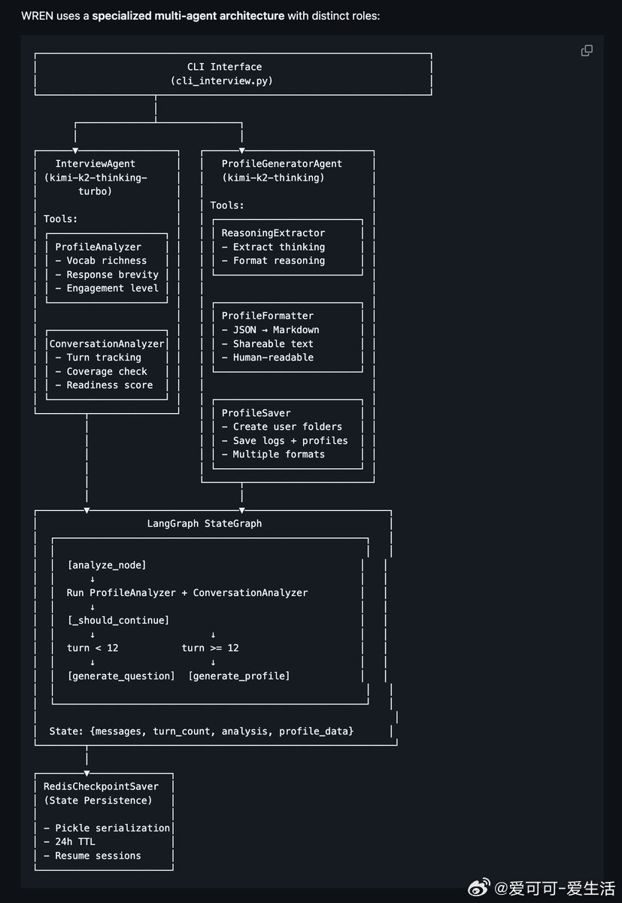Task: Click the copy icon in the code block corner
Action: pos(587,50)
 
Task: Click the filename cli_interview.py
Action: pos(222,81)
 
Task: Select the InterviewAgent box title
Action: pos(96,163)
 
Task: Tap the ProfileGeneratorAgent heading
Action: pos(281,163)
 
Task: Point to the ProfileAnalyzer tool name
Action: pos(99,247)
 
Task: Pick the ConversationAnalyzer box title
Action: pos(107,344)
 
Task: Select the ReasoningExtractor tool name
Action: pos(273,233)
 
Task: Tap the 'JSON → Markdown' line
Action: pos(270,330)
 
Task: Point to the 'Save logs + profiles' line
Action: pos(284,440)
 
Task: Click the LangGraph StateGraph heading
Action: pos(205,523)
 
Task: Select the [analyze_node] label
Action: pos(107,565)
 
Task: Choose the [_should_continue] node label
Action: pos(118,620)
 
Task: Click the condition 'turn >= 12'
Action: pos(210,648)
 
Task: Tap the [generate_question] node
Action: pos(121,676)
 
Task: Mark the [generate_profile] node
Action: pos(239,676)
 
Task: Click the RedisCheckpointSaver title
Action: pos(101,786)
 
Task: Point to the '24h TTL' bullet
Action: pos(75,841)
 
